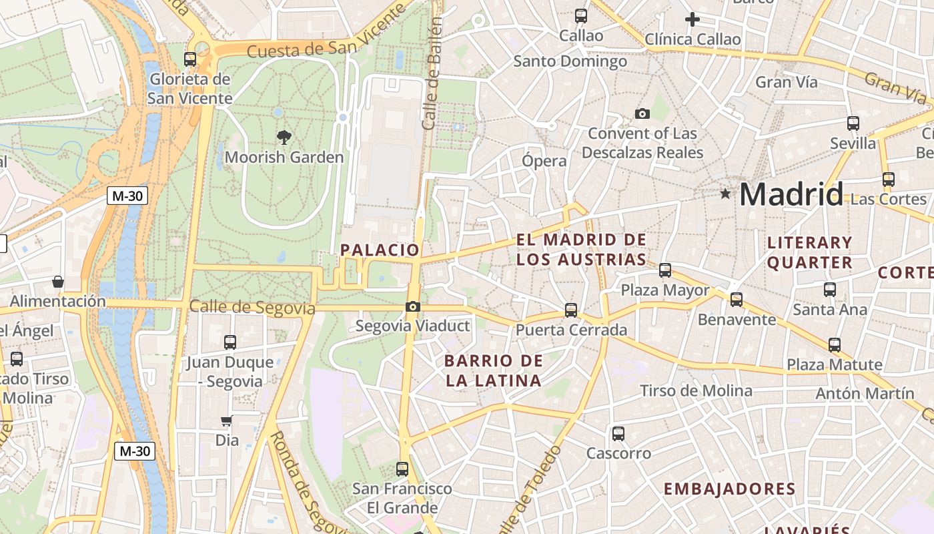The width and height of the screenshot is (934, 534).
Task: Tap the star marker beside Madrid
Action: click(x=725, y=194)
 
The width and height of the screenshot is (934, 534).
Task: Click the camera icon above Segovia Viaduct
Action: click(x=413, y=307)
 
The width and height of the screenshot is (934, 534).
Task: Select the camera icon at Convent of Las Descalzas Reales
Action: click(x=642, y=113)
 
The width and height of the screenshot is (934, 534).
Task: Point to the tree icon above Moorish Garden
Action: click(x=284, y=138)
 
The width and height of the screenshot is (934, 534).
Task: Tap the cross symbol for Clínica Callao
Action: click(x=692, y=19)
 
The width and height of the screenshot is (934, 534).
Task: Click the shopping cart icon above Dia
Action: click(x=227, y=421)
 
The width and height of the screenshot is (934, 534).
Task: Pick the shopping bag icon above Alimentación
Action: click(x=58, y=282)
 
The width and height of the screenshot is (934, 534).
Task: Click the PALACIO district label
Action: click(x=380, y=250)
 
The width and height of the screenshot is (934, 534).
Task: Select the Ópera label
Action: click(x=544, y=161)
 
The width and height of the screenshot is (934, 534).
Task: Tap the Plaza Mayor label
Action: click(x=665, y=290)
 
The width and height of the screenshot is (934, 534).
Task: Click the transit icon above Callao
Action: click(x=581, y=16)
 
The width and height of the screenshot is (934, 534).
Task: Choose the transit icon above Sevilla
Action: click(x=853, y=123)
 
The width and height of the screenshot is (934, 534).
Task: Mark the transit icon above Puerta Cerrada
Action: click(x=571, y=310)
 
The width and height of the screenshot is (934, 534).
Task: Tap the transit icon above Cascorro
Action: click(x=618, y=434)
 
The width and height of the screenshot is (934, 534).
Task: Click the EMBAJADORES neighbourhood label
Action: click(x=729, y=489)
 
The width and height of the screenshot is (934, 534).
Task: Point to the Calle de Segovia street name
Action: click(x=252, y=307)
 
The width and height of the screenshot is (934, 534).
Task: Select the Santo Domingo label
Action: click(x=570, y=61)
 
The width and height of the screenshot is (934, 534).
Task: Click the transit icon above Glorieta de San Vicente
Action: click(x=190, y=59)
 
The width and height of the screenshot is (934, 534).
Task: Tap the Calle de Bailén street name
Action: click(x=432, y=73)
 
